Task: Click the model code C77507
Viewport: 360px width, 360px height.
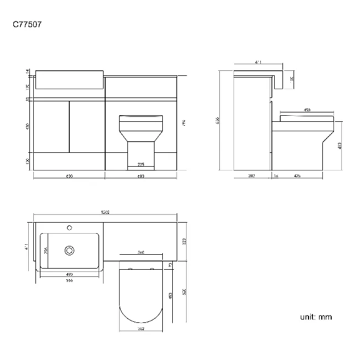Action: tap(27, 25)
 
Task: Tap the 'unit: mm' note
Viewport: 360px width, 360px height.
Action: tap(316, 317)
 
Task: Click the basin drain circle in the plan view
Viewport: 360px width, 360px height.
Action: tap(70, 250)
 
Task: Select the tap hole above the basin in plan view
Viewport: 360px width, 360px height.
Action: tap(70, 227)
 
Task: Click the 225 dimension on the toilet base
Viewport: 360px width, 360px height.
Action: tap(141, 164)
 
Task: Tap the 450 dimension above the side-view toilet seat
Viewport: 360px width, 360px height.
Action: tap(307, 110)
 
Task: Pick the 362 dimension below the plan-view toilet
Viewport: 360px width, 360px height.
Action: tap(141, 329)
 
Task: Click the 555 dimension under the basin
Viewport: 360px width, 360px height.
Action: tap(69, 281)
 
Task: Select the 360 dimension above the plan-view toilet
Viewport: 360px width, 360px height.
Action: tap(141, 253)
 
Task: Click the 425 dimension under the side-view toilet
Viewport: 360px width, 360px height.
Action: tap(297, 176)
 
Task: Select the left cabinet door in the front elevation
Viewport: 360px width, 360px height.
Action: tap(52, 126)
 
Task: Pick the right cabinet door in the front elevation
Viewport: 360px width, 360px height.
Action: tap(86, 126)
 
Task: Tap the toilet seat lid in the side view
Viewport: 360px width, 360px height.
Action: tap(307, 118)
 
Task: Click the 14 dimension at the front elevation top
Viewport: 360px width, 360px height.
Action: tap(27, 72)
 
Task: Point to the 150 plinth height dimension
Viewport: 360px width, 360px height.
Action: tap(27, 161)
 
